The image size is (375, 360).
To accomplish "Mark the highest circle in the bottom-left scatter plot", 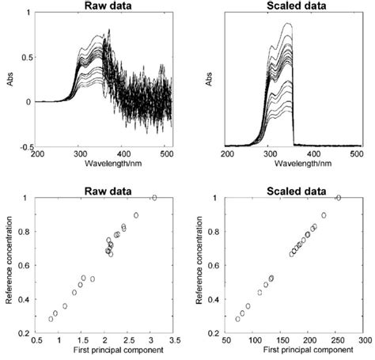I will tap(154, 198).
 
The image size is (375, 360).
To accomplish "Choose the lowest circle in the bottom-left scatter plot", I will tap(51, 319).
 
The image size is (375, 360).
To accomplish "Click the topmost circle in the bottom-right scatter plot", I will tap(339, 198).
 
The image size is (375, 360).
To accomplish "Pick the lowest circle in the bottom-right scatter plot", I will tap(237, 319).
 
